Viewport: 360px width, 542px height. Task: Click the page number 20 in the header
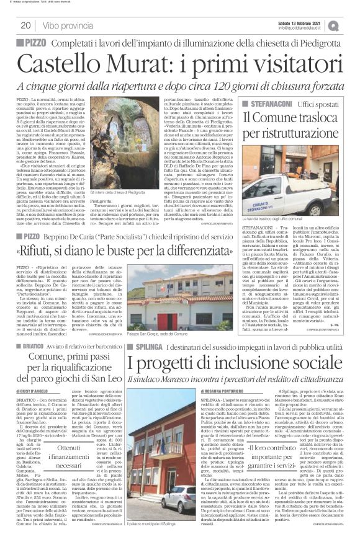click(x=25, y=25)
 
